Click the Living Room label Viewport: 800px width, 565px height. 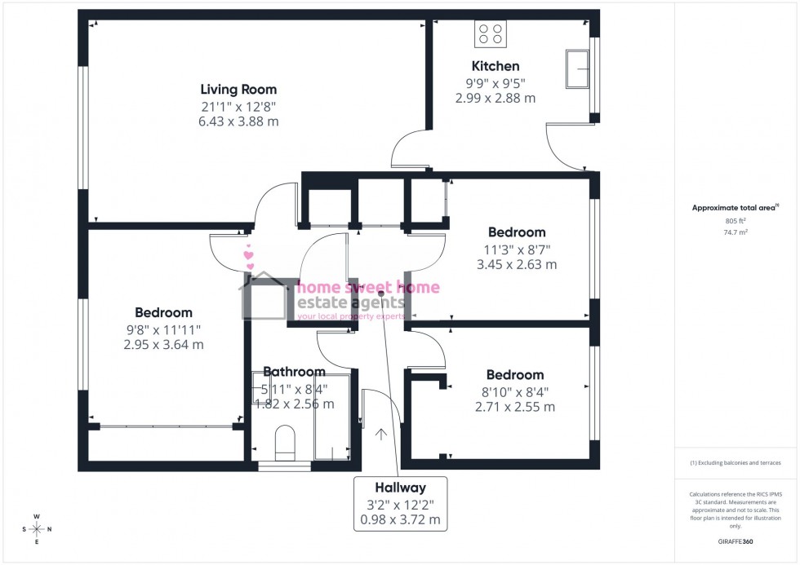238,90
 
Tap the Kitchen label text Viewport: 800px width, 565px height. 495,66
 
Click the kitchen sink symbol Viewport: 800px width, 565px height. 579,69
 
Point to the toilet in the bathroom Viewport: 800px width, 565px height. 284,441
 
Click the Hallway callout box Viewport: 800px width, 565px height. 401,503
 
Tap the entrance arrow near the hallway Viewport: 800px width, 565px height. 380,434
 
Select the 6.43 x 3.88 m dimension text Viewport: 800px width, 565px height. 238,121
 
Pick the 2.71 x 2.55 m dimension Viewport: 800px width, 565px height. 514,406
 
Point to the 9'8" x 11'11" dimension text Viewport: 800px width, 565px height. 163,329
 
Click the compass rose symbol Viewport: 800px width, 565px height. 37,529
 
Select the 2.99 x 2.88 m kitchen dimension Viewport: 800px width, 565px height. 495,98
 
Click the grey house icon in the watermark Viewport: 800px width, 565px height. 264,298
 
